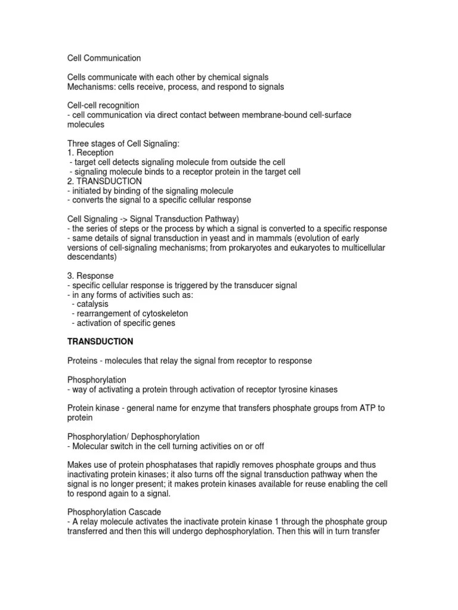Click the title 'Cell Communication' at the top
click(x=104, y=58)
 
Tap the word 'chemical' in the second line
click(x=225, y=77)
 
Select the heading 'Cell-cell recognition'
click(x=103, y=105)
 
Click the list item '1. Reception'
click(x=90, y=152)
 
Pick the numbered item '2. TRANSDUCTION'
click(x=104, y=180)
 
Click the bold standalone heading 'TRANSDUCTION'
click(x=100, y=342)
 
